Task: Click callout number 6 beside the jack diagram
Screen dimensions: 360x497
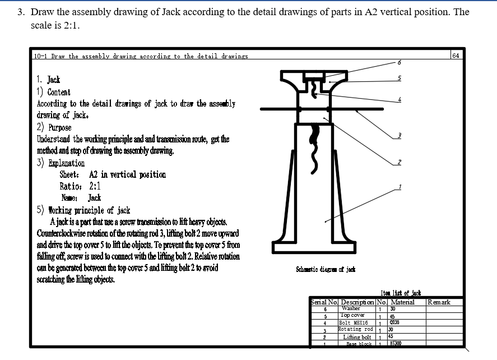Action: pos(398,62)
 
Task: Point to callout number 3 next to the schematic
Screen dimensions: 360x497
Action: pos(399,135)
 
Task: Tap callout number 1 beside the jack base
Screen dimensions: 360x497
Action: pos(400,186)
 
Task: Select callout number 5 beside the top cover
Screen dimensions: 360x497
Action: pos(399,78)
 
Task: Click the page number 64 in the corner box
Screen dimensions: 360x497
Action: pos(456,56)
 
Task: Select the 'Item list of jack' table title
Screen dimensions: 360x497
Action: pos(400,293)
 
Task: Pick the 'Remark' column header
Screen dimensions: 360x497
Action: pos(438,302)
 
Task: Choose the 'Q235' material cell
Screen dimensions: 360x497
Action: pos(394,323)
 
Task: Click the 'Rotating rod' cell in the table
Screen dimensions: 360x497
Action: pos(356,330)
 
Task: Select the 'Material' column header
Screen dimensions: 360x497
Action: pos(402,302)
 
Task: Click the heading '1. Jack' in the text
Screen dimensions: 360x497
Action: pos(48,80)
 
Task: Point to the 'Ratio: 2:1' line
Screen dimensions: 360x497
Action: pos(80,186)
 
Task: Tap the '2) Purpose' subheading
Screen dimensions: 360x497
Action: pos(54,127)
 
